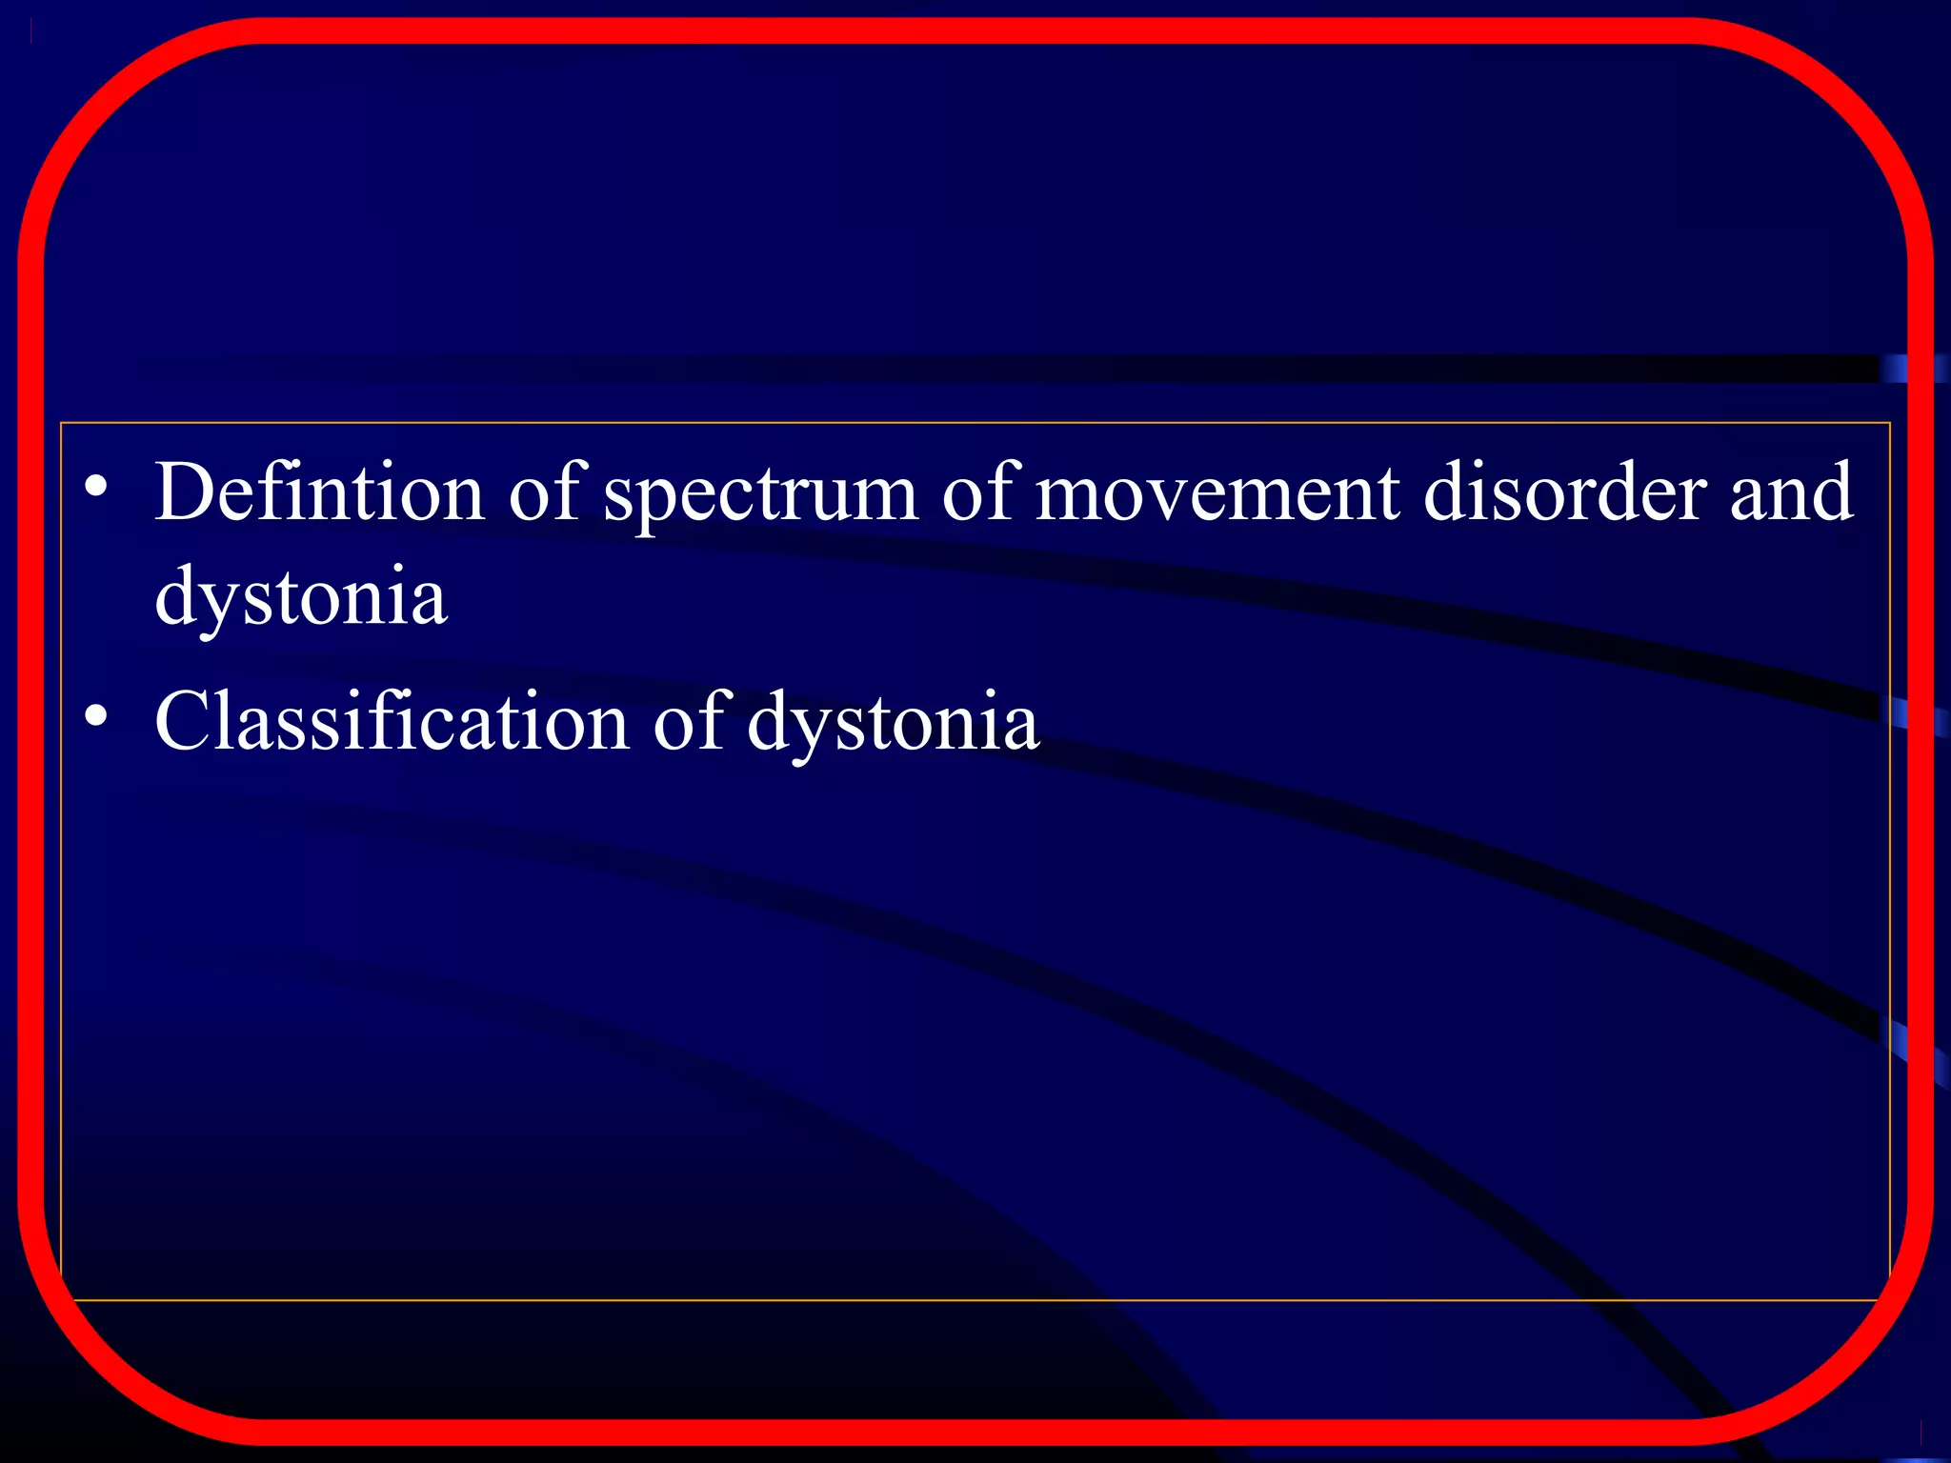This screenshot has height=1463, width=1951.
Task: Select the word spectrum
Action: pos(760,495)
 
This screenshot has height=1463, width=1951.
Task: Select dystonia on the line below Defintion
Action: pos(301,598)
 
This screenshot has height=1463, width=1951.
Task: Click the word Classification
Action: pos(392,722)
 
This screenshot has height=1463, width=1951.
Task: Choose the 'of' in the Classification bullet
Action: pos(691,722)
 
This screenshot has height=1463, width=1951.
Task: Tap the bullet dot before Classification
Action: pos(95,714)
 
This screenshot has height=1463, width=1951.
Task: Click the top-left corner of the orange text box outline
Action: pos(61,423)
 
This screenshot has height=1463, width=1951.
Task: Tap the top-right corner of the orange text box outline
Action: pos(1890,423)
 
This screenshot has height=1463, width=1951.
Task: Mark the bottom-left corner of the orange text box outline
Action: pos(61,1299)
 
